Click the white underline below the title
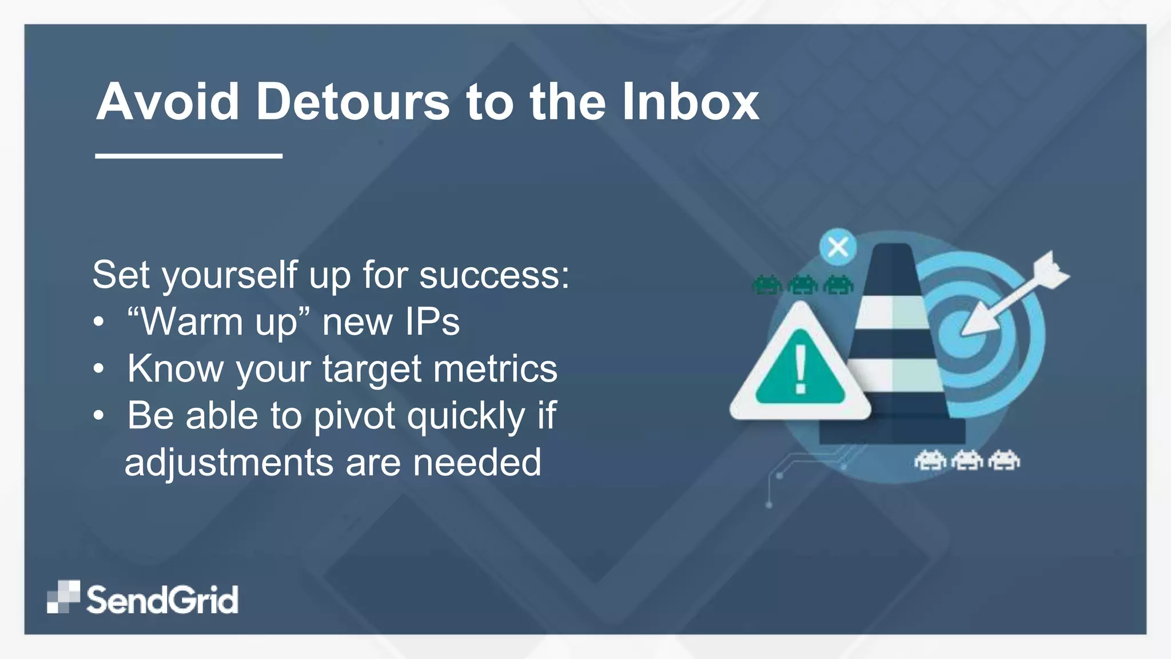coord(189,155)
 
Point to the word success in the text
coord(493,275)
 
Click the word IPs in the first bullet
coord(432,322)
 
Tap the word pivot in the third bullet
coord(355,416)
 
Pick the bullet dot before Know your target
coord(99,369)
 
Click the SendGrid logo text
coord(162,600)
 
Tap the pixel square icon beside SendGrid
coord(63,597)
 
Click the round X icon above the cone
coord(838,248)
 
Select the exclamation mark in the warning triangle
coord(800,369)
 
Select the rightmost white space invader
coord(1004,460)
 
